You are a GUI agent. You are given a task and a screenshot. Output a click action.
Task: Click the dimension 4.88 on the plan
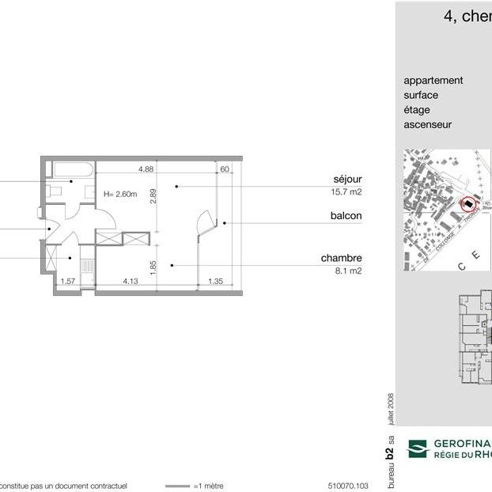click(x=146, y=168)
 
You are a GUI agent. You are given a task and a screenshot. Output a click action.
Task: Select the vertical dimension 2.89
click(x=154, y=195)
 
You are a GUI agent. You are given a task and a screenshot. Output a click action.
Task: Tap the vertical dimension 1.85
click(x=154, y=269)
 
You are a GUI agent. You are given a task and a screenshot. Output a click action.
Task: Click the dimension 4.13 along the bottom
click(x=131, y=281)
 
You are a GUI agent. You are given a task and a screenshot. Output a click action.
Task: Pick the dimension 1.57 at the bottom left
click(x=68, y=281)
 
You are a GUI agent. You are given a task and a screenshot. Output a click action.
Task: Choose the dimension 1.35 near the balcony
click(x=214, y=281)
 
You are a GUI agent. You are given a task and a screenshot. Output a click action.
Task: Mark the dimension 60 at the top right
click(x=225, y=168)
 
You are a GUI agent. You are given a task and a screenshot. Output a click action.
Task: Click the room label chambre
click(x=341, y=258)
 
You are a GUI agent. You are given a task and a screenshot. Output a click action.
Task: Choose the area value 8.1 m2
click(x=348, y=271)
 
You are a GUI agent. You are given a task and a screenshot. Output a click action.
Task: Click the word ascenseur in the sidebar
click(x=428, y=124)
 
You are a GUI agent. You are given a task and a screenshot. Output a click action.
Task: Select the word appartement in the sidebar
click(x=433, y=81)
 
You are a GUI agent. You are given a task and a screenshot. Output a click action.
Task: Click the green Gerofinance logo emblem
click(x=417, y=449)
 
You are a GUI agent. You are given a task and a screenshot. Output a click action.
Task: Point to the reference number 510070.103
click(x=348, y=486)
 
